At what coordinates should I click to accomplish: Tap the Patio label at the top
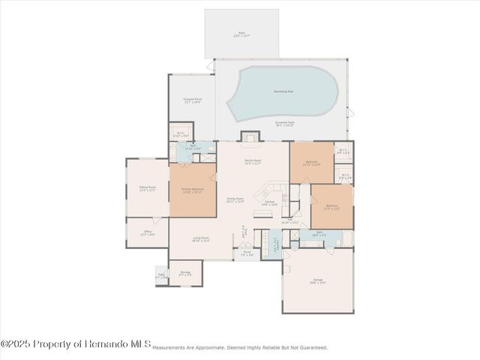(x=241, y=34)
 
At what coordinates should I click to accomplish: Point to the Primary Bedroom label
(x=193, y=190)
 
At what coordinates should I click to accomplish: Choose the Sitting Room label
(x=147, y=189)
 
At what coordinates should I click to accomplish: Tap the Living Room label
(x=200, y=239)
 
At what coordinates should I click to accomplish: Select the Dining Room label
(x=235, y=200)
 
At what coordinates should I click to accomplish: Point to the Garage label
(x=318, y=281)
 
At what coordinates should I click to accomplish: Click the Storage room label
(x=185, y=274)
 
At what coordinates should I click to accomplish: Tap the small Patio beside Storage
(x=160, y=277)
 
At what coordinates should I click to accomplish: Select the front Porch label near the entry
(x=247, y=253)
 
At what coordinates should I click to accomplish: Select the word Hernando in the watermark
(x=121, y=344)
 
